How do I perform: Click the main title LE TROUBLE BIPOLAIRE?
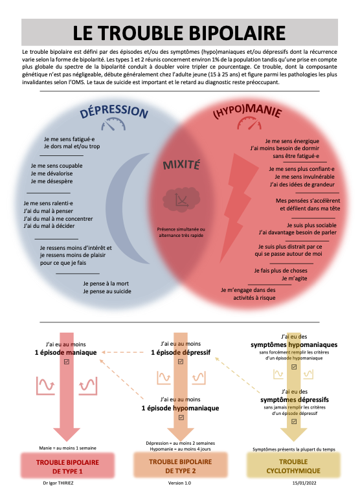[179, 33]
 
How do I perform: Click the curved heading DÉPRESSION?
[114, 111]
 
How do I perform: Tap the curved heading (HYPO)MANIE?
[247, 111]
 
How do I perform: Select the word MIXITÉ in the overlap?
[181, 165]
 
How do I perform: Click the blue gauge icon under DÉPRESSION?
[113, 124]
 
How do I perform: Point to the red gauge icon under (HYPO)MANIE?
[249, 123]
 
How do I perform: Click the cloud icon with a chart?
[181, 199]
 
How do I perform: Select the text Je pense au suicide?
[107, 291]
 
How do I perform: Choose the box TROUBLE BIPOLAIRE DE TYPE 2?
[180, 466]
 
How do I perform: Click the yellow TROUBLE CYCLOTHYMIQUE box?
[293, 466]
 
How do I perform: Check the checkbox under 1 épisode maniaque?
[67, 362]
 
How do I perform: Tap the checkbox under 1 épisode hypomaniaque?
[181, 418]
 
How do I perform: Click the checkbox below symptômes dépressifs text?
[294, 421]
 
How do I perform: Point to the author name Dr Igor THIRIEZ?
[58, 483]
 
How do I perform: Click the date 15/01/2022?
[304, 483]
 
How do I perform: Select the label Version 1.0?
[180, 483]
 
